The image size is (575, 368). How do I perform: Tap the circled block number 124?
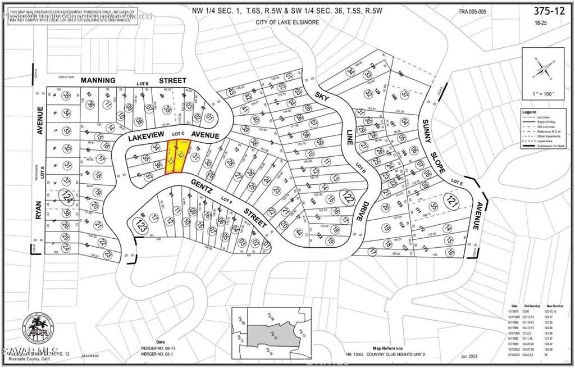tap(67, 197)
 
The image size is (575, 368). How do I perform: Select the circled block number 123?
tap(139, 226)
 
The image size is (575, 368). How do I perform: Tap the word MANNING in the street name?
tap(98, 80)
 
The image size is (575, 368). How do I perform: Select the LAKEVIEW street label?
tap(145, 135)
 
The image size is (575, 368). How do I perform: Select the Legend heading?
tap(529, 112)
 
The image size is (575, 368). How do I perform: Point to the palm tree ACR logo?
tap(39, 329)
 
